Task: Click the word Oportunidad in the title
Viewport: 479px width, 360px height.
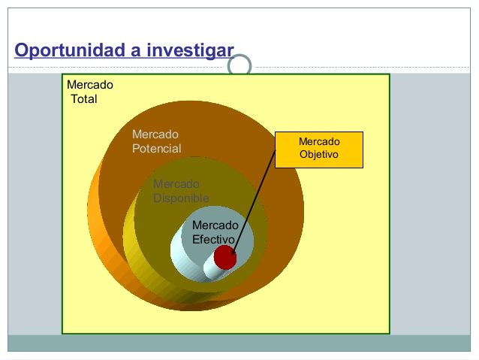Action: click(70, 50)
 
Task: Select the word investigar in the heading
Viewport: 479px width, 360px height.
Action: click(190, 50)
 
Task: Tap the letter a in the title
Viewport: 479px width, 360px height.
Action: click(136, 52)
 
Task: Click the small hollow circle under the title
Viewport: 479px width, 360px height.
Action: click(239, 65)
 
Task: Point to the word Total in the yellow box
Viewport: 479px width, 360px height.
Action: click(84, 99)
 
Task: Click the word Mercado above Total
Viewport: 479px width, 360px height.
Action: click(90, 85)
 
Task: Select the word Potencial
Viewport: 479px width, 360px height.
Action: click(156, 149)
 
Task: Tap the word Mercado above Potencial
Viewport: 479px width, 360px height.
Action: click(155, 135)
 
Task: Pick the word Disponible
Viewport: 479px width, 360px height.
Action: click(181, 198)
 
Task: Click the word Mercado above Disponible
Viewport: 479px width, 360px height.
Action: click(176, 184)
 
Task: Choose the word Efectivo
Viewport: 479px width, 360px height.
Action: click(213, 240)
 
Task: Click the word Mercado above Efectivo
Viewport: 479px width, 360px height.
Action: click(215, 225)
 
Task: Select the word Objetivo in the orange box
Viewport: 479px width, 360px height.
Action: click(319, 154)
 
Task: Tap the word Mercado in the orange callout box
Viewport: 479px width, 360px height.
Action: click(319, 141)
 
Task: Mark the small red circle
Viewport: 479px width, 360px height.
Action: click(225, 257)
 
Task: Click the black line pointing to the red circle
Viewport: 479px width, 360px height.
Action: click(255, 202)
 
